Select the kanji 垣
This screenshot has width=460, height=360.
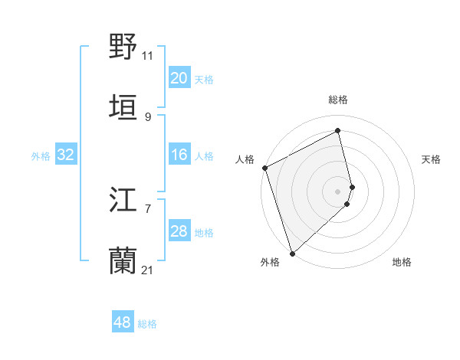pyautogui.click(x=123, y=106)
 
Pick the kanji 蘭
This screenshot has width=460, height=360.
pyautogui.click(x=123, y=261)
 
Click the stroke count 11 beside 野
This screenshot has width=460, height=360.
pyautogui.click(x=147, y=55)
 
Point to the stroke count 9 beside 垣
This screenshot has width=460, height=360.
pyautogui.click(x=148, y=116)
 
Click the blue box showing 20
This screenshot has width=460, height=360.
pyautogui.click(x=179, y=78)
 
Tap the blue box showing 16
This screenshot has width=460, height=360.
pyautogui.click(x=179, y=155)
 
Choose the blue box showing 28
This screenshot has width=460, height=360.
pyautogui.click(x=179, y=232)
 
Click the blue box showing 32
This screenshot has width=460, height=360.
pyautogui.click(x=65, y=155)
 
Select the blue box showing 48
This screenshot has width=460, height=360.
pyautogui.click(x=122, y=323)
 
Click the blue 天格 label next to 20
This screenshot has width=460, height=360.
pyautogui.click(x=203, y=79)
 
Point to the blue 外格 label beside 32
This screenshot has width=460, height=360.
pyautogui.click(x=41, y=156)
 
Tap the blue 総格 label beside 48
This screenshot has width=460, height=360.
pyautogui.click(x=147, y=324)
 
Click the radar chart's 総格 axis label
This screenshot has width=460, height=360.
pyautogui.click(x=338, y=100)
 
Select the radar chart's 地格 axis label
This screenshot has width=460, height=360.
pyautogui.click(x=402, y=262)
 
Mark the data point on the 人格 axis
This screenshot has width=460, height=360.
pyautogui.click(x=264, y=168)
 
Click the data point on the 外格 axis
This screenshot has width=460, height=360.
pyautogui.click(x=291, y=254)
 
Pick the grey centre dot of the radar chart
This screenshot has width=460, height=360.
pyautogui.click(x=338, y=191)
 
